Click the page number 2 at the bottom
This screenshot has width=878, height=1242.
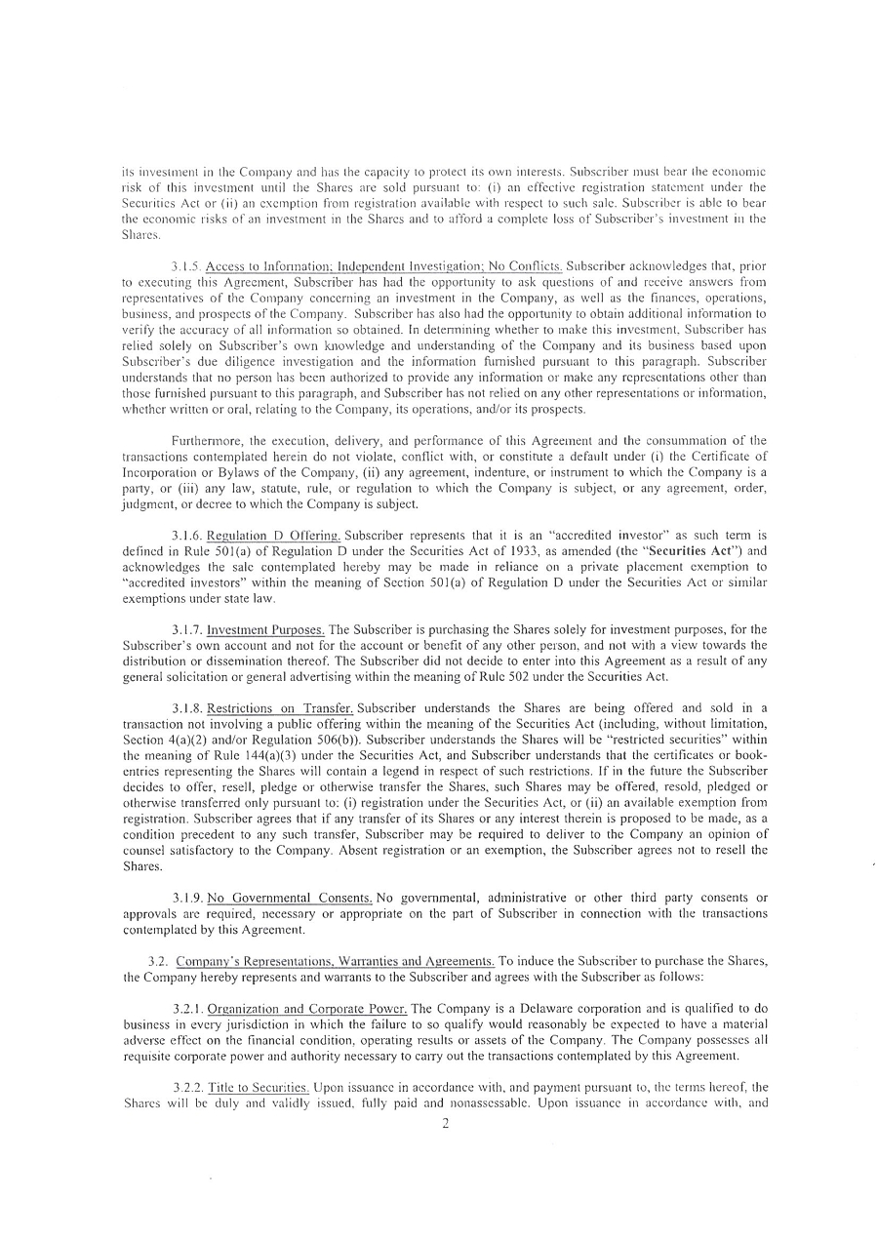pyautogui.click(x=444, y=1123)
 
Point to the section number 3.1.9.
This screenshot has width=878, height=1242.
pyautogui.click(x=187, y=897)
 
